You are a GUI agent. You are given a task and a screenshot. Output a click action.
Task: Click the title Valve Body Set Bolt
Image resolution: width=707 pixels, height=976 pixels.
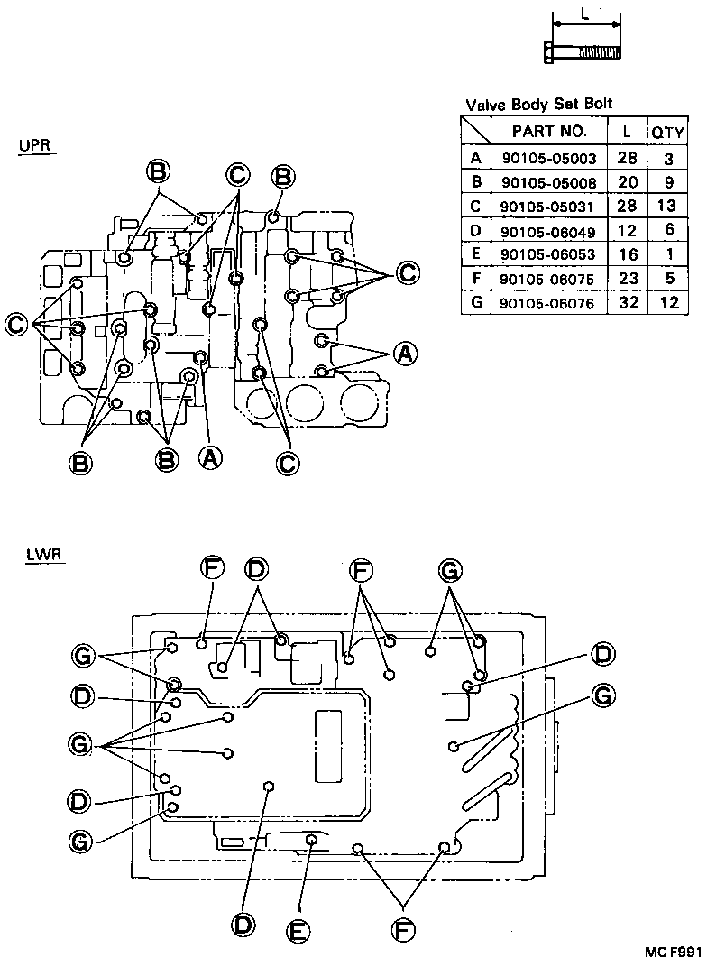(x=538, y=105)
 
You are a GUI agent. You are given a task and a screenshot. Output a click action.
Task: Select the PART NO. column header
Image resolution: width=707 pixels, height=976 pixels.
(x=548, y=132)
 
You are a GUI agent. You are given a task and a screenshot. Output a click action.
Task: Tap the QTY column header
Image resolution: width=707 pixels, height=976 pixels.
(x=668, y=132)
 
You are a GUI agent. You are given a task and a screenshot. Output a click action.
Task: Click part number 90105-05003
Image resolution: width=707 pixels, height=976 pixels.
(x=548, y=158)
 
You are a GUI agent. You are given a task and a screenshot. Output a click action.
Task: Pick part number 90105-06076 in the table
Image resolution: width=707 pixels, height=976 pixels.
(x=548, y=303)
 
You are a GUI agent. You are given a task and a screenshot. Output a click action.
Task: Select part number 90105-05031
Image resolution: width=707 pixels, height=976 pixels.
(x=548, y=207)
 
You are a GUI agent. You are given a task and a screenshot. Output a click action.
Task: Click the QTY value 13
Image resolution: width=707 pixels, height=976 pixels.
(x=668, y=207)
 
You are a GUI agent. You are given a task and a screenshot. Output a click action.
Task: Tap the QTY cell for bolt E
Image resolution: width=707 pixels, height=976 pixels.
(x=668, y=254)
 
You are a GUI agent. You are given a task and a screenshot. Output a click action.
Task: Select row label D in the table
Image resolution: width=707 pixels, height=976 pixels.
(x=475, y=231)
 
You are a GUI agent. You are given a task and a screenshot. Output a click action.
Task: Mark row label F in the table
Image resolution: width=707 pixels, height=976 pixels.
(x=475, y=279)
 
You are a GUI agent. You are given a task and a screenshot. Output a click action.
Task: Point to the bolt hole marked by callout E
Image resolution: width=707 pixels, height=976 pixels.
(x=312, y=841)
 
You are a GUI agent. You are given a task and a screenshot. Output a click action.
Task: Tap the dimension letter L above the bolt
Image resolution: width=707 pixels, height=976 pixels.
(x=586, y=14)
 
